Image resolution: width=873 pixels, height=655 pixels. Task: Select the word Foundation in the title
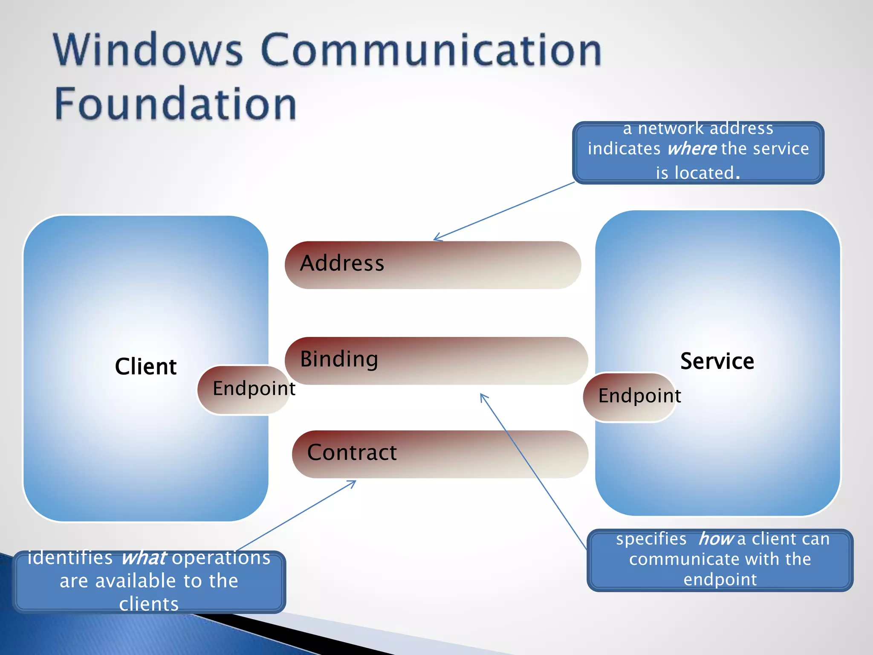(175, 104)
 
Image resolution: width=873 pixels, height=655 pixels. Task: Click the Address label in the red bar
(342, 263)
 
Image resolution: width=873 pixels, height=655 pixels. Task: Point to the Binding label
(339, 359)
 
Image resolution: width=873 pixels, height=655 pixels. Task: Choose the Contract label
(352, 452)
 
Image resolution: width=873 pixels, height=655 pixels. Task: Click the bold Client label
(145, 367)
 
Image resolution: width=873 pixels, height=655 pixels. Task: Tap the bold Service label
(717, 361)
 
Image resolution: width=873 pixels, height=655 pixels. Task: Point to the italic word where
(692, 149)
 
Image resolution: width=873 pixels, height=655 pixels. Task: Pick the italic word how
(716, 539)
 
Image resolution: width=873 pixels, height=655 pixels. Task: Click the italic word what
(144, 558)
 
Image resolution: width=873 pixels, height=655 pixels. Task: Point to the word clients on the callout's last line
(149, 604)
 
